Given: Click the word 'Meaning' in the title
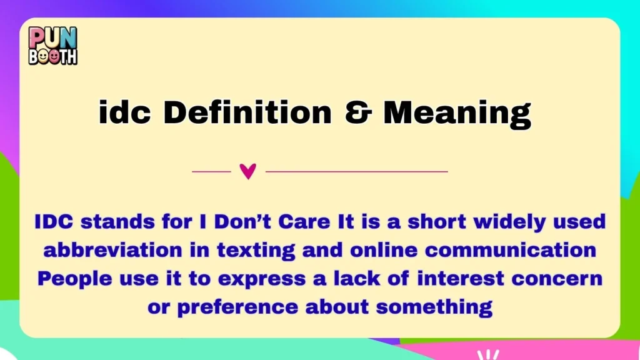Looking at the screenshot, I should (x=457, y=113).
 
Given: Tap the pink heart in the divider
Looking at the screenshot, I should (x=248, y=171).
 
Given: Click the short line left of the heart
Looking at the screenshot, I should (x=211, y=171).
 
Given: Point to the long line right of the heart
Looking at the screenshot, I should (x=357, y=171).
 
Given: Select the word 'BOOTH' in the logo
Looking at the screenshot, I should (x=53, y=56).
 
